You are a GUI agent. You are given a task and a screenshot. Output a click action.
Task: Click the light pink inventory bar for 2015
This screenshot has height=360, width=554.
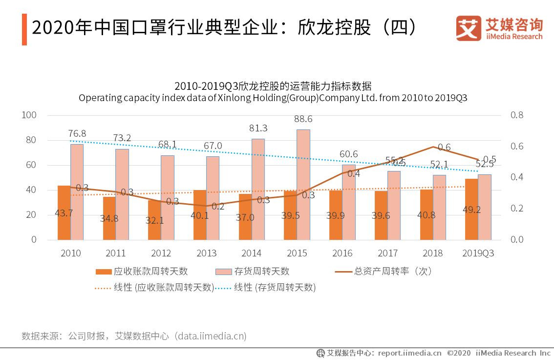[303, 185]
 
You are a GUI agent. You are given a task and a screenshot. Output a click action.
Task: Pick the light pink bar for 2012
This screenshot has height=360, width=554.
[168, 197]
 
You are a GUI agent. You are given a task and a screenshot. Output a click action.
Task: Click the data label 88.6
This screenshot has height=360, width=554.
[303, 119]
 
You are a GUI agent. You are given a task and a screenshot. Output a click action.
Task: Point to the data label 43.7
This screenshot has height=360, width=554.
[64, 213]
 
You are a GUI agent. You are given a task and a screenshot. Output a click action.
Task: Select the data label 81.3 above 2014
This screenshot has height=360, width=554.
[258, 128]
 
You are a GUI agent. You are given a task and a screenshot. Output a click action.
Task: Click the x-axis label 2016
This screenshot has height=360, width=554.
[342, 253]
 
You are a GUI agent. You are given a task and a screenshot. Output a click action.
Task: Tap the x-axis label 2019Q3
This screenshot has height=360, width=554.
[478, 253]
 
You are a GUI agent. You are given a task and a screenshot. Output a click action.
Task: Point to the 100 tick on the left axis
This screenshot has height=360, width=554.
[30, 115]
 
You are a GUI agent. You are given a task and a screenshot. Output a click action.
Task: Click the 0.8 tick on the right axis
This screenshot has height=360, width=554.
[517, 115]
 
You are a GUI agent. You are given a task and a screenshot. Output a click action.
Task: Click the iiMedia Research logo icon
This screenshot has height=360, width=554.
[468, 28]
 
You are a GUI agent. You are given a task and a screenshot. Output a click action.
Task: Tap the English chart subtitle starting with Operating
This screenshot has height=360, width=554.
[273, 98]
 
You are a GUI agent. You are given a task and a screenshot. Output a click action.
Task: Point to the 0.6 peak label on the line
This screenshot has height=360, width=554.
[444, 147]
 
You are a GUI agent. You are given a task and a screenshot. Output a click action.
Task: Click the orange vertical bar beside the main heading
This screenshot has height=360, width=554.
[24, 29]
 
